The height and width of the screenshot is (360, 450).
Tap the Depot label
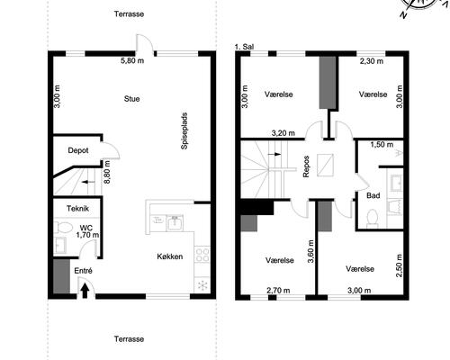tap(77, 150)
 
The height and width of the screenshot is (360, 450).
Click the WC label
tap(85, 227)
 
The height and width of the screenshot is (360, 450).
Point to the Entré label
tap(82, 270)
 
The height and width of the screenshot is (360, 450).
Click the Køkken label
tap(168, 256)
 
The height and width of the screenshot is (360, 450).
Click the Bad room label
tap(373, 195)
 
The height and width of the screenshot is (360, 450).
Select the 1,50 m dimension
tap(382, 144)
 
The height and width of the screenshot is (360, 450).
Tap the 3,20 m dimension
tap(285, 132)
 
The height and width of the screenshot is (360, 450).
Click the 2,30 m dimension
tap(372, 62)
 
